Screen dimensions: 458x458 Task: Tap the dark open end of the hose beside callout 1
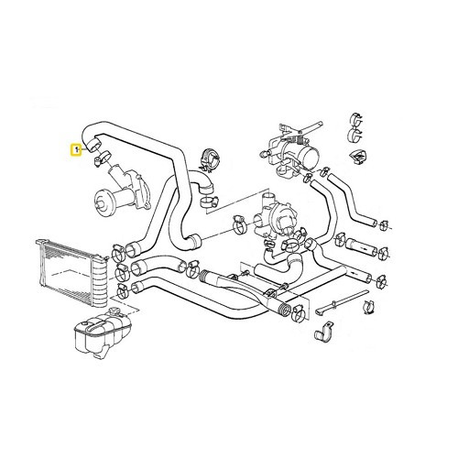pyautogui.click(x=92, y=146)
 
